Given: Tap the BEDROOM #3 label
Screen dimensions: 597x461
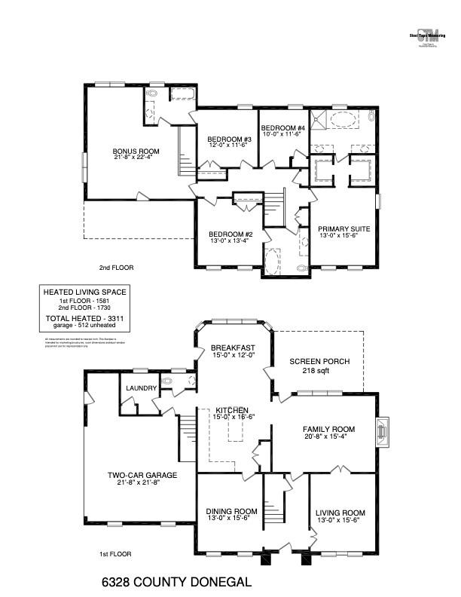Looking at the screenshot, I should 229,139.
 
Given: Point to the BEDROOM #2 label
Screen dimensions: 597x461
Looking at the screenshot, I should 230,234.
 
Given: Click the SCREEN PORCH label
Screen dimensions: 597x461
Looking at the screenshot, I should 319,362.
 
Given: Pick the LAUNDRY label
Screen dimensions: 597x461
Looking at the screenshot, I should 141,388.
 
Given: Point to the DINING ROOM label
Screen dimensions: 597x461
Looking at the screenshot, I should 231,512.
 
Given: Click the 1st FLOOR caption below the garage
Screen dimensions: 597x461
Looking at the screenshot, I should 115,554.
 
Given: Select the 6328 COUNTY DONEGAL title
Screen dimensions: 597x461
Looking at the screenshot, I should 176,582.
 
